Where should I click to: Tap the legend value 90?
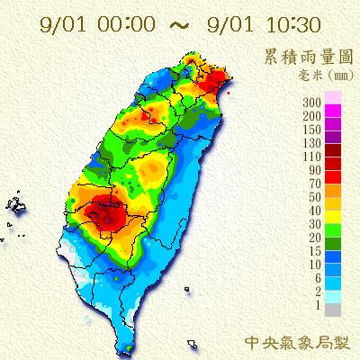pyautogui.click(x=316, y=169)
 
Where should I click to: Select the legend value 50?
pyautogui.click(x=316, y=196)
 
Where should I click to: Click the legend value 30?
pyautogui.click(x=316, y=222)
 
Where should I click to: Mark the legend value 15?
pyautogui.click(x=316, y=249)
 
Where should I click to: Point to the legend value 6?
pyautogui.click(x=319, y=276)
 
